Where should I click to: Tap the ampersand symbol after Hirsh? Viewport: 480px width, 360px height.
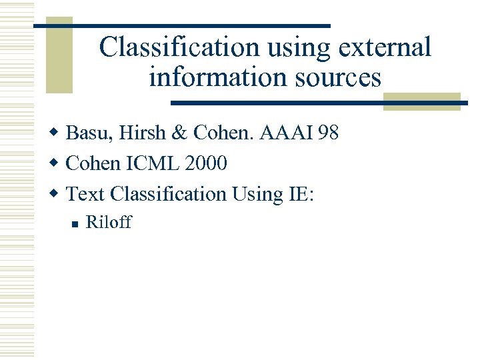click(179, 133)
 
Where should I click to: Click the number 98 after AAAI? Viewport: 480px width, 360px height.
click(329, 133)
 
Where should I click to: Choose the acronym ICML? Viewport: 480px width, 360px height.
click(143, 163)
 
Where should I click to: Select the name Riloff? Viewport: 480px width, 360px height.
click(109, 222)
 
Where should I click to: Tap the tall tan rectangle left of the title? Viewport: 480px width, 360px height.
click(59, 59)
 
